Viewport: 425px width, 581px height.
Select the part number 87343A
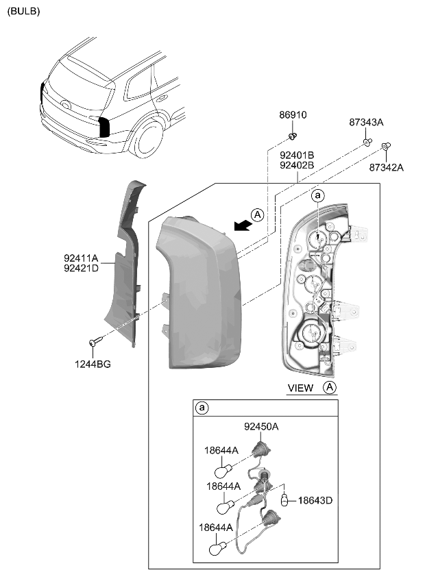tap(366, 122)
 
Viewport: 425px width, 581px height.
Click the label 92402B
tap(296, 165)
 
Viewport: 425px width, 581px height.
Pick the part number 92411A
tap(81, 258)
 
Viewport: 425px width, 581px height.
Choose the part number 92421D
tap(81, 269)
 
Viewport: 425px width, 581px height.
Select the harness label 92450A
tap(261, 426)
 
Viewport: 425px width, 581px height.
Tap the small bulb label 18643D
tap(315, 501)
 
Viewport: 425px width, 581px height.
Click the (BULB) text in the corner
tap(23, 11)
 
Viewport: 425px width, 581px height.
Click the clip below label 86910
tap(293, 135)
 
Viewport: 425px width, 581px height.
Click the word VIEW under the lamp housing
tap(300, 388)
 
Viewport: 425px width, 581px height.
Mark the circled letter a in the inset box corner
tap(202, 408)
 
